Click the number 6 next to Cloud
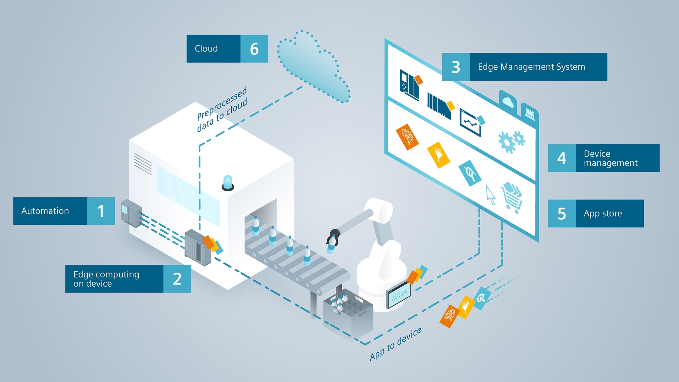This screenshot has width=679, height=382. [254, 49]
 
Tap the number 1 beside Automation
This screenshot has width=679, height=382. [101, 211]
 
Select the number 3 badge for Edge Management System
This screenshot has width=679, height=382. [456, 67]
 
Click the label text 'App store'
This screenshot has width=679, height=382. [603, 213]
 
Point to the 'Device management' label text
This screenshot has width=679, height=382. [610, 158]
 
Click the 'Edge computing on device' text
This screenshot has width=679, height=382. [106, 279]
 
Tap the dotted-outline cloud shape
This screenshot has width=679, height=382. [313, 68]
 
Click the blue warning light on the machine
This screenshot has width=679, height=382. [228, 182]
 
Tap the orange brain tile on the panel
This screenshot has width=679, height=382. [407, 137]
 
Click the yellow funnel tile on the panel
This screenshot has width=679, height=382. [439, 155]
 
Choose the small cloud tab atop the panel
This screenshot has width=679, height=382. [507, 101]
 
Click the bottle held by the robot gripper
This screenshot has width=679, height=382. [332, 245]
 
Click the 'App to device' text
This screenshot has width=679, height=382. [395, 344]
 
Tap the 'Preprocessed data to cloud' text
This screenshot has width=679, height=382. [222, 109]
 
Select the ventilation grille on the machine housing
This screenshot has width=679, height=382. [143, 164]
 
